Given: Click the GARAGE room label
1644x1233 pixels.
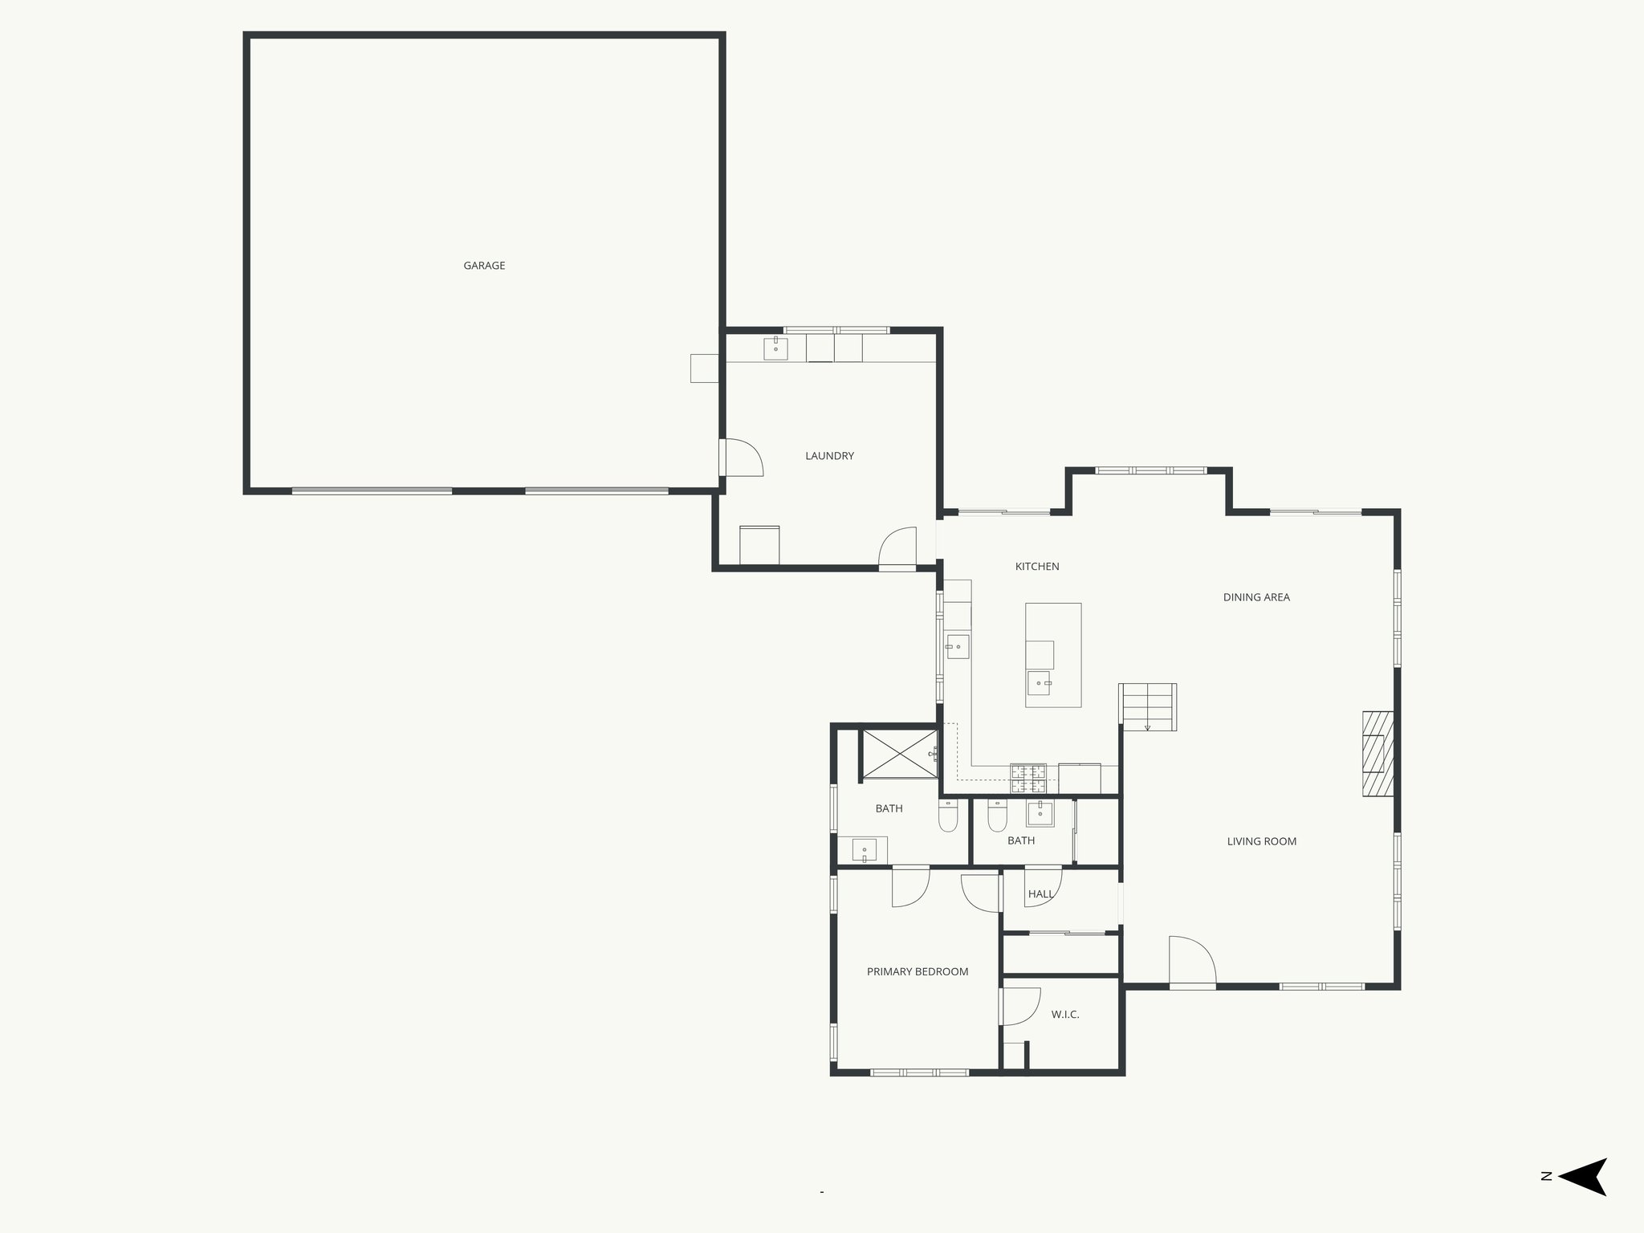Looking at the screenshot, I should click(484, 266).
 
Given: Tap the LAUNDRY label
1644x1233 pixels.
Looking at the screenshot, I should click(829, 456).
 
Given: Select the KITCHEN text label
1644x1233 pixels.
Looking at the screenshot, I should click(1037, 567).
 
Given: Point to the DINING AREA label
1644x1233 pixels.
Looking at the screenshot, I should click(1256, 597).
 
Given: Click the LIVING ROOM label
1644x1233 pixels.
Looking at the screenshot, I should click(1262, 841).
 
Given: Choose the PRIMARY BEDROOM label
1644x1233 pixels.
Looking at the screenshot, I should click(918, 971).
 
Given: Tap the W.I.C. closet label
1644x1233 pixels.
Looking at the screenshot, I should click(1065, 1015).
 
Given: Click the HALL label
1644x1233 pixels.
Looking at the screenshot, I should click(1040, 894).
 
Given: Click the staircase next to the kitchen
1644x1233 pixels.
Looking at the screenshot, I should click(1149, 706).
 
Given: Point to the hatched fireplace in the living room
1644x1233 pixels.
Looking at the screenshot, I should click(1377, 753).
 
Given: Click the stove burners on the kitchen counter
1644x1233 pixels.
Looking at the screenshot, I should click(1028, 778).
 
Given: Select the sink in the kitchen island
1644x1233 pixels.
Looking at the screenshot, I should click(1039, 683).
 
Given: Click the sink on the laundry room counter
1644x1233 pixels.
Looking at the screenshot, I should click(775, 348).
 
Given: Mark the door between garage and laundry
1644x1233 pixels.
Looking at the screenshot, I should click(740, 458).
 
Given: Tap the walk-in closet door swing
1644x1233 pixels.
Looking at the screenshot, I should click(1021, 1007).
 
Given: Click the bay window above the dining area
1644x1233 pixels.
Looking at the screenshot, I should click(1150, 470).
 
